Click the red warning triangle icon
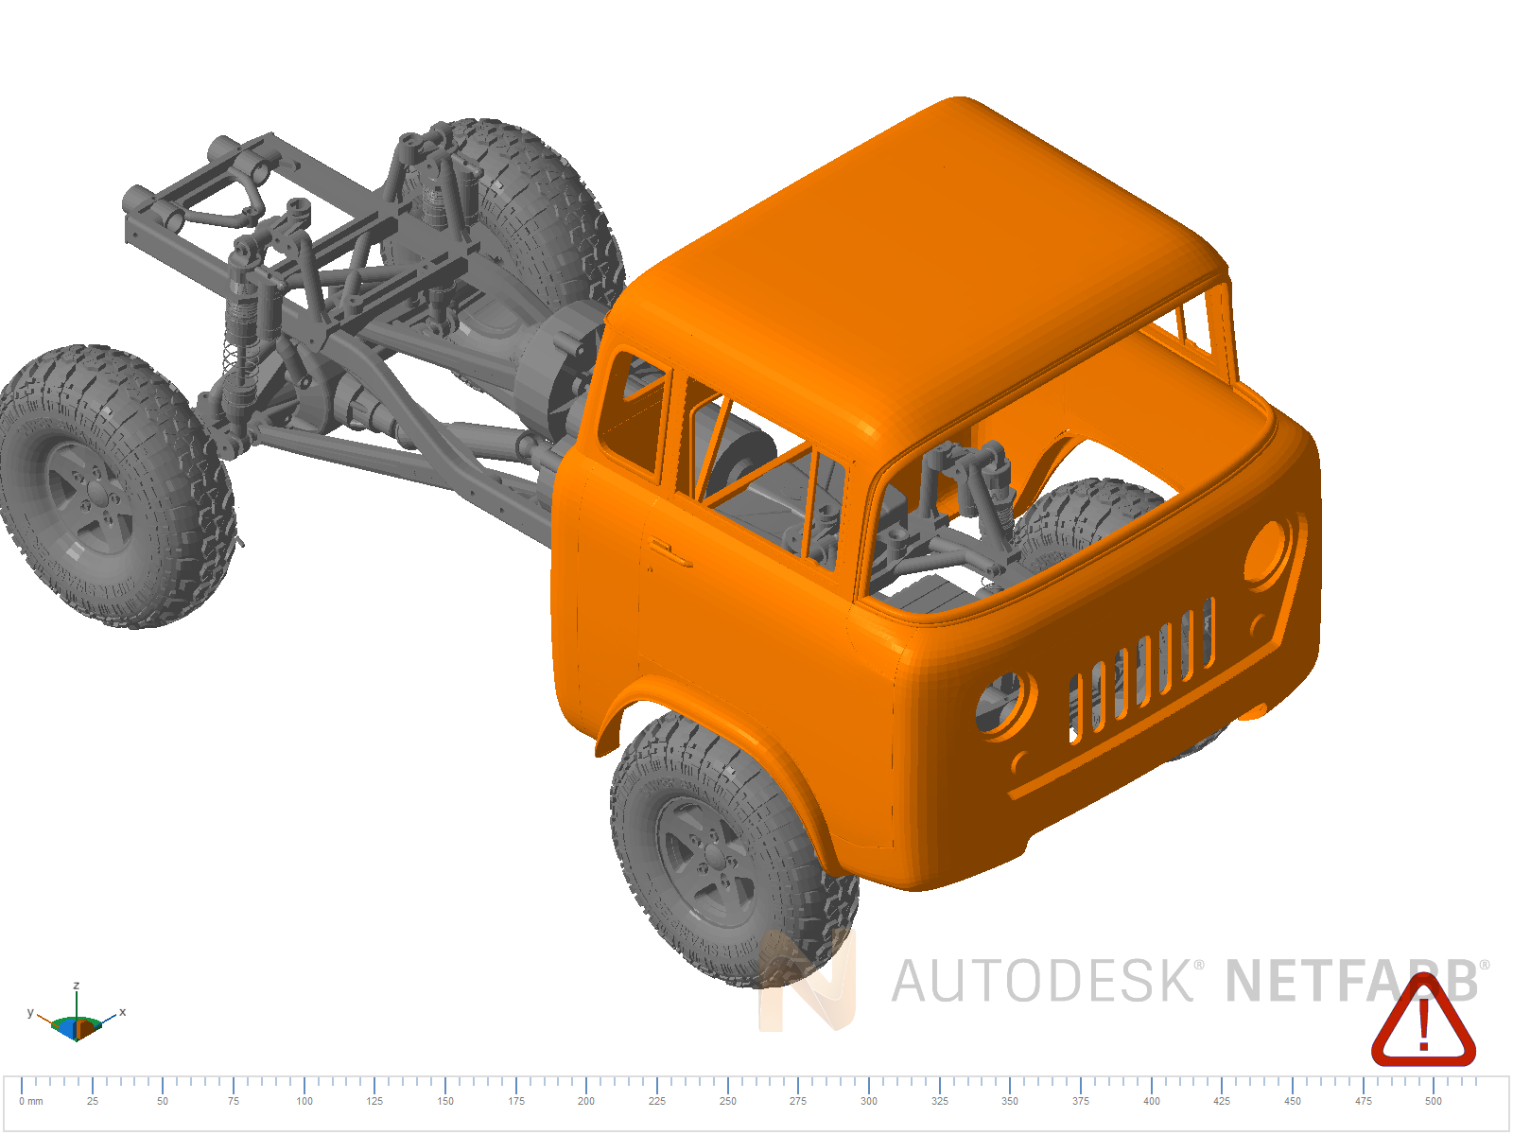[x=1423, y=1022]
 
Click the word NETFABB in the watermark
[x=1352, y=981]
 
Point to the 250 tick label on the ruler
[x=727, y=1101]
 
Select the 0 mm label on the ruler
[x=31, y=1101]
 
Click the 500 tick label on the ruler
[x=1434, y=1101]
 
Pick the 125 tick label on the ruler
[x=374, y=1101]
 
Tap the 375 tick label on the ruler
[x=1081, y=1101]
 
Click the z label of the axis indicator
[x=77, y=986]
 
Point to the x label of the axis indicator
[x=122, y=1012]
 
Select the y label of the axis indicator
[x=30, y=1012]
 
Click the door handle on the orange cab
[x=670, y=550]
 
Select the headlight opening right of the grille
[x=1269, y=551]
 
